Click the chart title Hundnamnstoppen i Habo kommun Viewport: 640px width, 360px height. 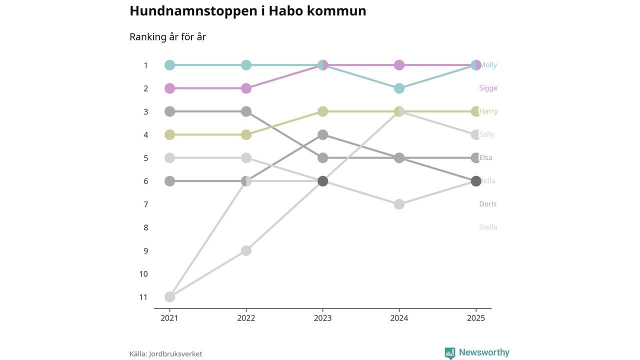247,11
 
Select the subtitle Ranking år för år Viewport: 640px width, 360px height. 167,37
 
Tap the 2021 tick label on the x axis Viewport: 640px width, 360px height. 169,318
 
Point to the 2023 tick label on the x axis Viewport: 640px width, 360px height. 322,318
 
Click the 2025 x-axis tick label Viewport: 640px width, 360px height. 475,318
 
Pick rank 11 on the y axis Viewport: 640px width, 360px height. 143,297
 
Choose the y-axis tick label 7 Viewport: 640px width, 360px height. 145,204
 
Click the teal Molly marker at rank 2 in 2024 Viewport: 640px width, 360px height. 399,88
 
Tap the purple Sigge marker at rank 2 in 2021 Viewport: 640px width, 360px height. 170,88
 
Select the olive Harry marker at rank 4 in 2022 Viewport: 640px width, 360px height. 246,134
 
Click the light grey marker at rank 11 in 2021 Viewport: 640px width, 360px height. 170,297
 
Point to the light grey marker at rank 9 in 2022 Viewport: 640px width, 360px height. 246,250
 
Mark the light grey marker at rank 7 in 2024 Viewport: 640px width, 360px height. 399,204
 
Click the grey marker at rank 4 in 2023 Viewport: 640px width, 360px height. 322,134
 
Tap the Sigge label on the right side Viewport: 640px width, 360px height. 488,88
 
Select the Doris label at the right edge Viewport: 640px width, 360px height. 487,204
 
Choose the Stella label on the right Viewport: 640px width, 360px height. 488,227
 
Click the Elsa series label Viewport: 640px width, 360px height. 485,158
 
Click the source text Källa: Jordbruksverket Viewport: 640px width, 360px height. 166,354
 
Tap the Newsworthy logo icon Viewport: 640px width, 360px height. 450,353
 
